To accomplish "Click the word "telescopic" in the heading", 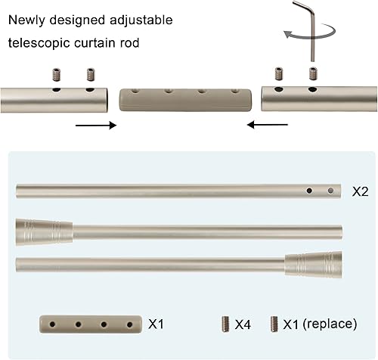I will (39, 43).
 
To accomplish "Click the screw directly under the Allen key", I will (313, 74).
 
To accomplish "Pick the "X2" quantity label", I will (360, 191).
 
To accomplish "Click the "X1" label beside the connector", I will (156, 324).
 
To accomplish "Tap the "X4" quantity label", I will (242, 324).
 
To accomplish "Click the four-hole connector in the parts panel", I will (89, 325).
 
